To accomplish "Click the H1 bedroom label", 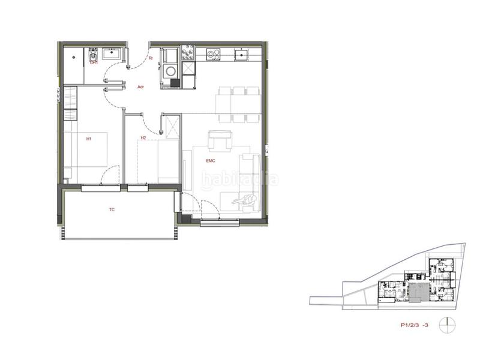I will coord(88,139).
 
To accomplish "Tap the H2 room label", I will coord(143,138).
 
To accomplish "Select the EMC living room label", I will coord(211,161).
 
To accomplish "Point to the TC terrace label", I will coord(112,210).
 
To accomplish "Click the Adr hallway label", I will coord(140,87).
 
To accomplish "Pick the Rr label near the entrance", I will coord(151,59).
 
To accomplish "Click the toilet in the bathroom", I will coord(93,57).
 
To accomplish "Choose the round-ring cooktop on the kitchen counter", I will coord(212,54).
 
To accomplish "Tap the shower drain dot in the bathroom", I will coord(74,58).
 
